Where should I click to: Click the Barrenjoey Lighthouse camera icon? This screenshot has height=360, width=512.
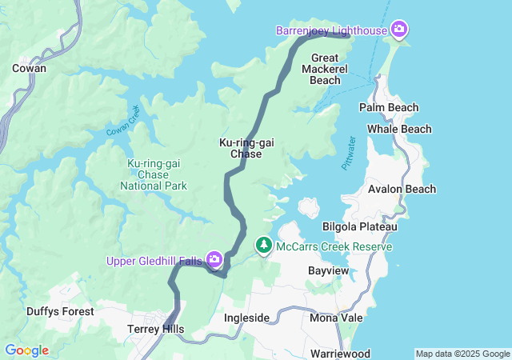(399, 30)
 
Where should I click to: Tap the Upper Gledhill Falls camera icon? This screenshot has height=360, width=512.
(214, 259)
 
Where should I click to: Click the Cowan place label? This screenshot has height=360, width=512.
(29, 68)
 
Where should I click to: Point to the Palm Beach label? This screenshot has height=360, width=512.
(390, 107)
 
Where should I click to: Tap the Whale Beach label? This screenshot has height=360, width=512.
(399, 129)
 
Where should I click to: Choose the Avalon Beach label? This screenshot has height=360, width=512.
(402, 189)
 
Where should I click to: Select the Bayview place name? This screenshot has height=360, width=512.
(329, 271)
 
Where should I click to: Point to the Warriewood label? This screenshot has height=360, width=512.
(340, 353)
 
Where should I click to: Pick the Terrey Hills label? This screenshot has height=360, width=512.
(156, 329)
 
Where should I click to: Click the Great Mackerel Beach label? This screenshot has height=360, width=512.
(325, 69)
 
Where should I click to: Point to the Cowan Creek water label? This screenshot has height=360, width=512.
(123, 121)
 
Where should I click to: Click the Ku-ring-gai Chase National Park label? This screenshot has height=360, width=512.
(153, 174)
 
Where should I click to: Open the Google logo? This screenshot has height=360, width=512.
(27, 350)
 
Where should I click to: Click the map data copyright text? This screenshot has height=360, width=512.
(462, 354)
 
